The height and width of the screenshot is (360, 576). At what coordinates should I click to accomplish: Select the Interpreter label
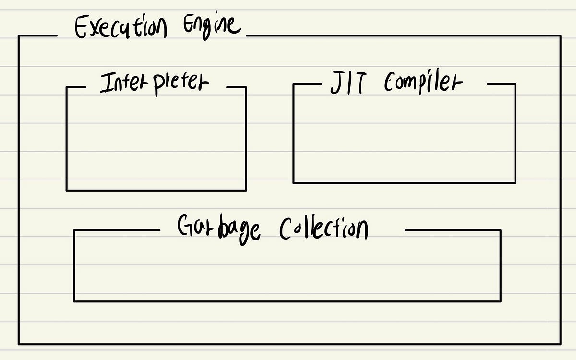155,84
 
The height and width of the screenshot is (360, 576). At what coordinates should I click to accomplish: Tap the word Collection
324,228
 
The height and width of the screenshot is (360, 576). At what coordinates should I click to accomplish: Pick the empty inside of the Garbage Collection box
287,269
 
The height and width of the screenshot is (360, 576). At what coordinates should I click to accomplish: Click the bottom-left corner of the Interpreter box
67,190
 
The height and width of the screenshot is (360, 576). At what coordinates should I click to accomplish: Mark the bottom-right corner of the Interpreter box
246,190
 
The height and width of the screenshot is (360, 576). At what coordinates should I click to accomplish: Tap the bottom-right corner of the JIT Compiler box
516,182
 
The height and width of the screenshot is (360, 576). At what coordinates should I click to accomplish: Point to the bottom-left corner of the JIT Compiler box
293,182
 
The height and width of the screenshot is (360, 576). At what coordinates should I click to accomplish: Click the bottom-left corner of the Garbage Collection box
74,301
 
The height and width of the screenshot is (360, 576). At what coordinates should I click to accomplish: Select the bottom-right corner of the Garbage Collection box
501,301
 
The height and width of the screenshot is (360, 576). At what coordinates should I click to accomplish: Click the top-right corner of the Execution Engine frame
560,36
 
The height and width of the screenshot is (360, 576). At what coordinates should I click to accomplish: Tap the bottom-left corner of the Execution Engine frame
19,344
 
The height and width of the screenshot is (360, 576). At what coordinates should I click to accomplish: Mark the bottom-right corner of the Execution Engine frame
560,344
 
